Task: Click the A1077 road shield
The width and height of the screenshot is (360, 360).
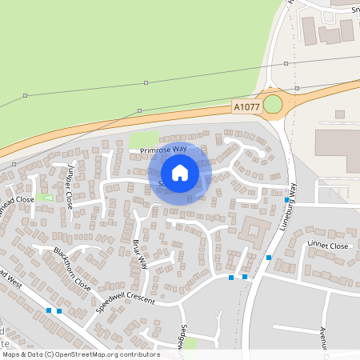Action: pyautogui.click(x=246, y=106)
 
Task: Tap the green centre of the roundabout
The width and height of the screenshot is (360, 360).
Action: pyautogui.click(x=273, y=104)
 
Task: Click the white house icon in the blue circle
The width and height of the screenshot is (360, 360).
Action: pyautogui.click(x=180, y=172)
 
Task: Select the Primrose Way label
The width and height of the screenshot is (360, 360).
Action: pyautogui.click(x=162, y=150)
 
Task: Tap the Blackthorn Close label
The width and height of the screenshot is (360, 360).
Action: pyautogui.click(x=72, y=268)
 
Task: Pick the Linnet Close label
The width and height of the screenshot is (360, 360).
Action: pyautogui.click(x=329, y=246)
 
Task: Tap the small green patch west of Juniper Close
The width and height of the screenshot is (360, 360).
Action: pyautogui.click(x=46, y=197)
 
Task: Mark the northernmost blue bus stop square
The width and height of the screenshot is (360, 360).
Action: pyautogui.click(x=286, y=199)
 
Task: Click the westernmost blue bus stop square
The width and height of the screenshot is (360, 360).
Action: pyautogui.click(x=49, y=310)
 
